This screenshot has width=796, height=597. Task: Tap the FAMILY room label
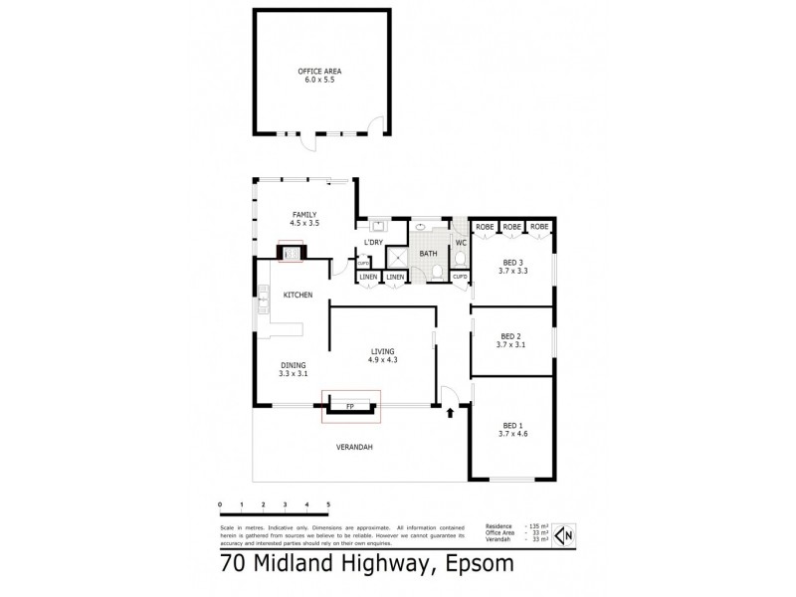point(303,214)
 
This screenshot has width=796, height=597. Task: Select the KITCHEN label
point(298,296)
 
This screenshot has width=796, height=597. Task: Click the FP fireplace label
point(349,407)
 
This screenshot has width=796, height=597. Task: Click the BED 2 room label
point(511,335)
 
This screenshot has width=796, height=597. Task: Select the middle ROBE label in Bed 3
point(511,228)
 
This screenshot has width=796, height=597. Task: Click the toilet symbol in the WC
point(460,258)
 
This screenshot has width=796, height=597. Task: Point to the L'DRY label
point(374,243)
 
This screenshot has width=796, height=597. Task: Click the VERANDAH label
point(353,448)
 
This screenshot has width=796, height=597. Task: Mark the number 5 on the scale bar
point(327,504)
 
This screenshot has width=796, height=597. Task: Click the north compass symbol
point(564,535)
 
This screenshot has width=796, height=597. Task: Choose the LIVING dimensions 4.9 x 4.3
point(383,359)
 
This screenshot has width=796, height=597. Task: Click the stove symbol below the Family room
point(292,254)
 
